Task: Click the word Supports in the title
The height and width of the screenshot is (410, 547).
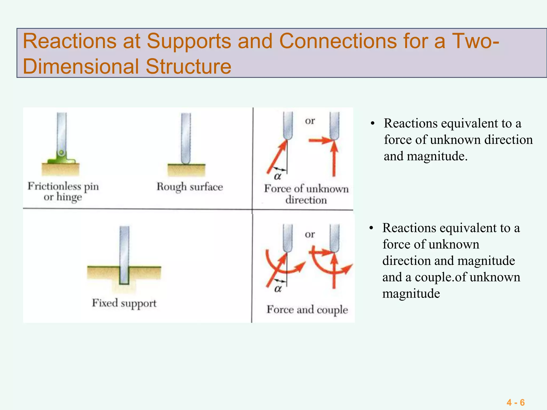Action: click(x=189, y=41)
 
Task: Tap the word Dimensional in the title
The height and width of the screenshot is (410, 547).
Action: click(x=80, y=66)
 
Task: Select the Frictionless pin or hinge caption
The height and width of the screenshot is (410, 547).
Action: click(x=63, y=191)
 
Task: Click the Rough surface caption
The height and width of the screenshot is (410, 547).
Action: click(x=190, y=187)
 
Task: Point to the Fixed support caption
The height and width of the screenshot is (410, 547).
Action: click(x=124, y=303)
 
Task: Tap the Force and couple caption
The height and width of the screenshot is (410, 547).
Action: click(x=307, y=310)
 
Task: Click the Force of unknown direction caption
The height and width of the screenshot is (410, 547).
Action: click(x=306, y=194)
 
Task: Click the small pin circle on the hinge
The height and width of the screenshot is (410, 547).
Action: click(x=61, y=153)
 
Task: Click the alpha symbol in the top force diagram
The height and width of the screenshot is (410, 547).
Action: click(x=278, y=176)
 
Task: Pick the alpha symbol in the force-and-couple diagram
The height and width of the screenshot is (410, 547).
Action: click(x=278, y=289)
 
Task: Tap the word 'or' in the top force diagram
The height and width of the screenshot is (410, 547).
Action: click(x=310, y=121)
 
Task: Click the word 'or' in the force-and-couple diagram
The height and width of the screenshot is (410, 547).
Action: click(x=310, y=234)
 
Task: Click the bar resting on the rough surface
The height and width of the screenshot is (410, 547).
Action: click(x=186, y=137)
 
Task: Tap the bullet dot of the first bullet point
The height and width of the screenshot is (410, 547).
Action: click(x=373, y=124)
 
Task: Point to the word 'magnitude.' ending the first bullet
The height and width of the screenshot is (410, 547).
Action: click(x=437, y=156)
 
